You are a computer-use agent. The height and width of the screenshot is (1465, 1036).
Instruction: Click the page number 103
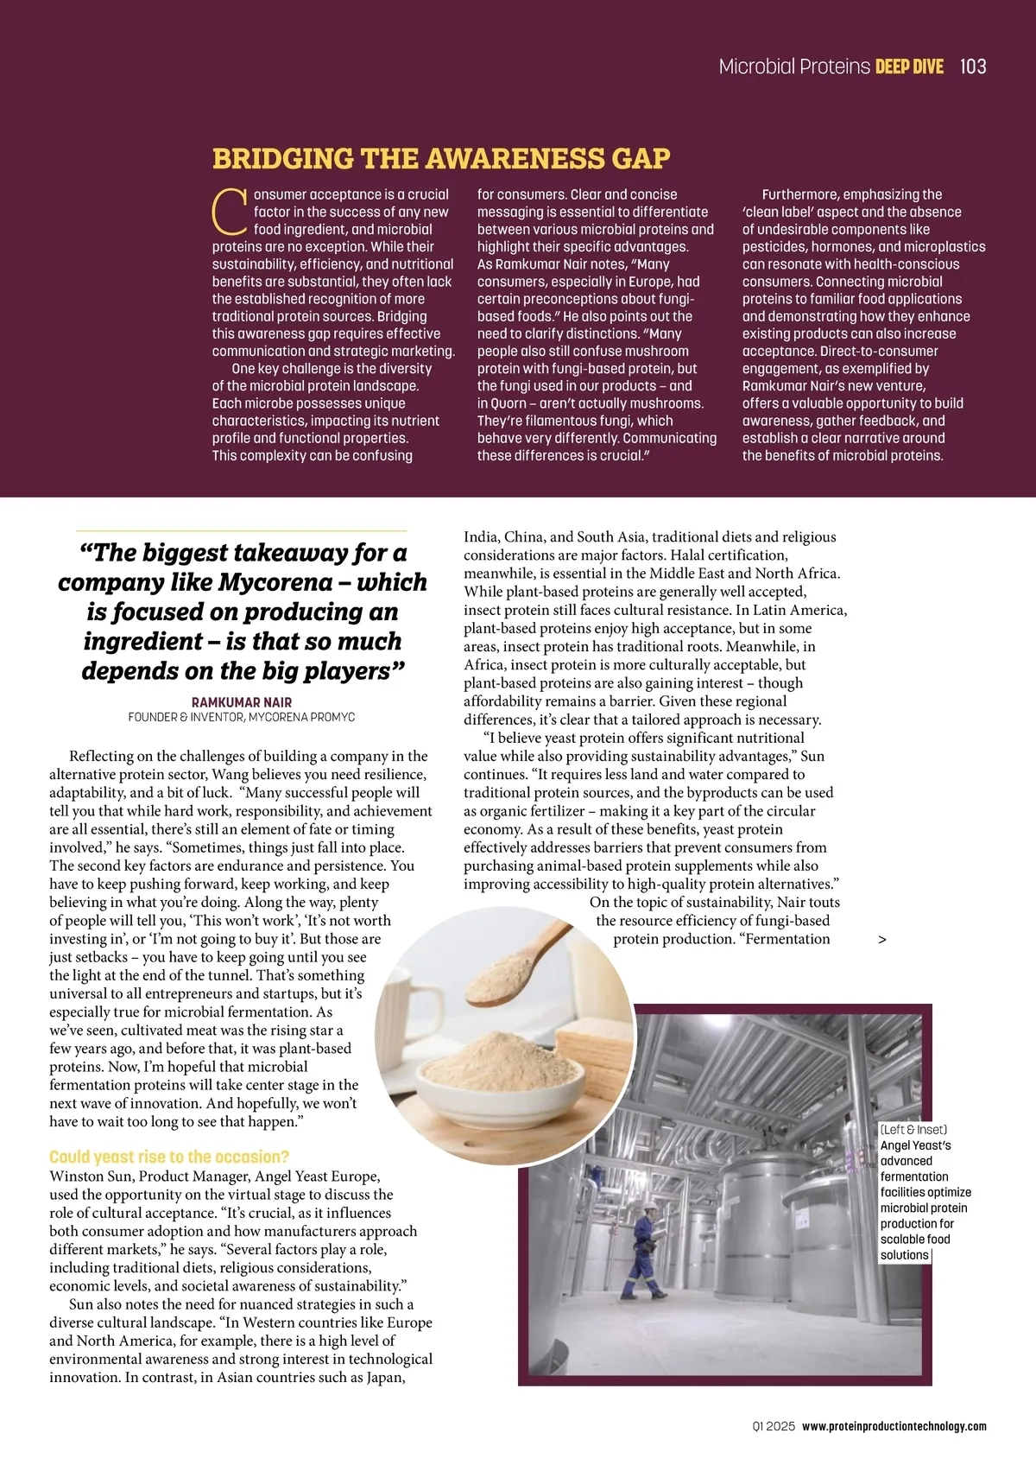[972, 67]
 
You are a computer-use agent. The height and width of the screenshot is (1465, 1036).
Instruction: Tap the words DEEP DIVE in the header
[909, 67]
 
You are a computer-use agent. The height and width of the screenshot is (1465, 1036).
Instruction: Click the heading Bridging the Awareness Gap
[441, 159]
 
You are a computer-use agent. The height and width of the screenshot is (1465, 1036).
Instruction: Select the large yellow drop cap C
[230, 212]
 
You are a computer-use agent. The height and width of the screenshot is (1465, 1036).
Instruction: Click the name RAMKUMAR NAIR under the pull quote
[242, 702]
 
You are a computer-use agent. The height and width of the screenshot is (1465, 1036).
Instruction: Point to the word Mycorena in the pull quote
[275, 582]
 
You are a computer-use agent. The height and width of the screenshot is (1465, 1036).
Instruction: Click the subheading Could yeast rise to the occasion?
[169, 1157]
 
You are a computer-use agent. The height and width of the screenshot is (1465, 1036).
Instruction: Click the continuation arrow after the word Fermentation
[881, 940]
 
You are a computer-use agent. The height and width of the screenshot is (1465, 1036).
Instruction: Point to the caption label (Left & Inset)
[913, 1130]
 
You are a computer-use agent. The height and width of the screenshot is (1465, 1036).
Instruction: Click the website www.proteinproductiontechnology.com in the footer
[894, 1426]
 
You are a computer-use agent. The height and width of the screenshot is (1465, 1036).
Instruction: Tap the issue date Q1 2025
[774, 1426]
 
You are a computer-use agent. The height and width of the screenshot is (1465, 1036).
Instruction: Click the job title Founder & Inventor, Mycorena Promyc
[242, 717]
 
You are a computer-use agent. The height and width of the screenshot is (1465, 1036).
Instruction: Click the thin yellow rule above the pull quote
[242, 530]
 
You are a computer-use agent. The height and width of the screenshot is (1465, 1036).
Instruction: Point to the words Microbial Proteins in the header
[794, 67]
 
